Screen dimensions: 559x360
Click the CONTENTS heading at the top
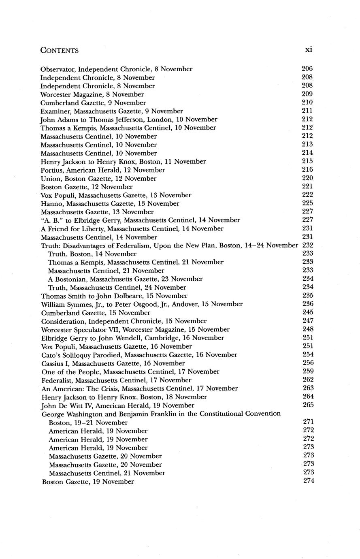60,51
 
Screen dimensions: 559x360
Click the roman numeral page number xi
308,50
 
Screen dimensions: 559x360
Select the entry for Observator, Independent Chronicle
117,69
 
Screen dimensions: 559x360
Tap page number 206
307,69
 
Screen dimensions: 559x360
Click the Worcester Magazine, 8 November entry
92,94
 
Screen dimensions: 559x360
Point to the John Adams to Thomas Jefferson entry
129,119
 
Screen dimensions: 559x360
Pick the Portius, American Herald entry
103,170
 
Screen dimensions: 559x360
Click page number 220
308,178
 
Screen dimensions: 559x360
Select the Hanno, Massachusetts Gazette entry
110,204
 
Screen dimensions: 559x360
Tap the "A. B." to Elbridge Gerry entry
141,220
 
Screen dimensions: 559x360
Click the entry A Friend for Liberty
132,229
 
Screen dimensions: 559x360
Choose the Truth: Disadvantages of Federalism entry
170,245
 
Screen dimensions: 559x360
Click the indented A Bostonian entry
126,279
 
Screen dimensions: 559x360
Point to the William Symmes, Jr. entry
142,304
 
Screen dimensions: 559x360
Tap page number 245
308,312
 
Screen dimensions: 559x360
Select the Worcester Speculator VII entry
136,330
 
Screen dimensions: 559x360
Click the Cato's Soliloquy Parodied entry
140,355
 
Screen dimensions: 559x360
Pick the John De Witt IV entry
118,405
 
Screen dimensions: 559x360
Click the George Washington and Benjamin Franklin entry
162,414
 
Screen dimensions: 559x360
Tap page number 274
309,481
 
